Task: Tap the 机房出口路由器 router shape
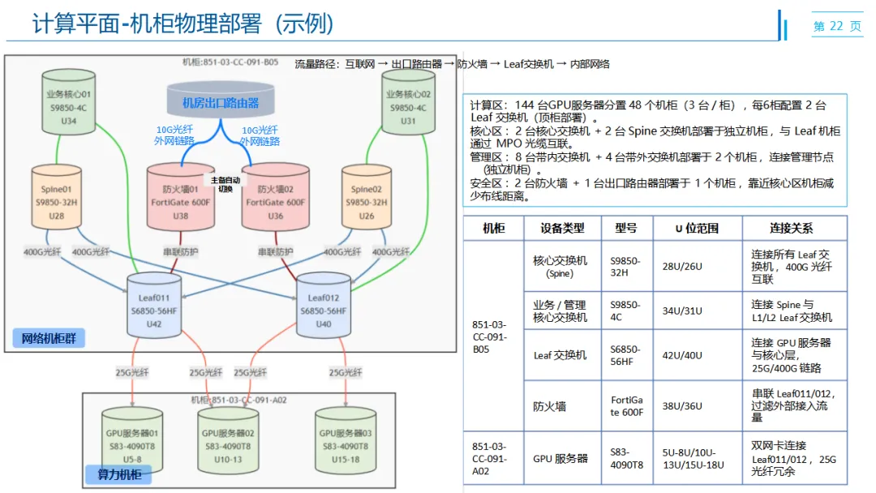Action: pyautogui.click(x=221, y=102)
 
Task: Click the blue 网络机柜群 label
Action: pyautogui.click(x=49, y=338)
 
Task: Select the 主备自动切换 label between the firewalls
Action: pyautogui.click(x=226, y=184)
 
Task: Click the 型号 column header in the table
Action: pyautogui.click(x=626, y=229)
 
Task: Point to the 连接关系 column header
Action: pyautogui.click(x=791, y=229)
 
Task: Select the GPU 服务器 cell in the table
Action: pyautogui.click(x=560, y=458)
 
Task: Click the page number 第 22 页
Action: pyautogui.click(x=837, y=26)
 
